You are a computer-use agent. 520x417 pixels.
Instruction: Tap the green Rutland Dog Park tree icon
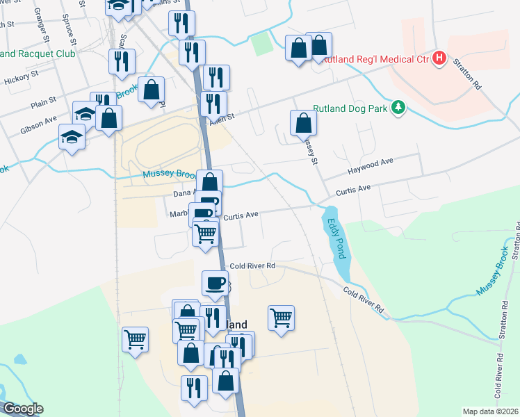(x=398, y=108)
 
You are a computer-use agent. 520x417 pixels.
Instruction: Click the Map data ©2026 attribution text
(x=490, y=411)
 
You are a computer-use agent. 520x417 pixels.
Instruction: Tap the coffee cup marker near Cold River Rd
(x=214, y=284)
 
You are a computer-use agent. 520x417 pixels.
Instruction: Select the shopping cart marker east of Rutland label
(x=281, y=318)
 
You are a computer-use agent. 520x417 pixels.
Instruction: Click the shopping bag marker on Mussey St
(x=303, y=123)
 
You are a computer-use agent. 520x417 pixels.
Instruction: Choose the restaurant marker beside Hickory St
(x=122, y=61)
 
